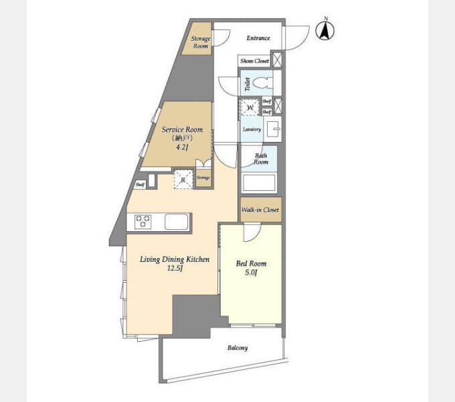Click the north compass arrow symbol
[x=326, y=30]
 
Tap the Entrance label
[x=258, y=38]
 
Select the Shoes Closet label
[x=254, y=61]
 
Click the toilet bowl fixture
[x=263, y=84]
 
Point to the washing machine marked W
[x=250, y=107]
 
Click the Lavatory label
[x=252, y=129]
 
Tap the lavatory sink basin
[x=273, y=129]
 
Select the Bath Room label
[x=260, y=159]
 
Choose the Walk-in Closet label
[x=260, y=210]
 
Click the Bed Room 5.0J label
[x=251, y=267]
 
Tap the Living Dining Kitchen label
[x=174, y=263]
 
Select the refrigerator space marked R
[x=183, y=178]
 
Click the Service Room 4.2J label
[x=178, y=138]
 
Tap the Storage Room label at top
[x=201, y=42]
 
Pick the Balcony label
[x=237, y=348]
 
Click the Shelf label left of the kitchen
[x=140, y=184]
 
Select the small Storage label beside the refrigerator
[x=203, y=178]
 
